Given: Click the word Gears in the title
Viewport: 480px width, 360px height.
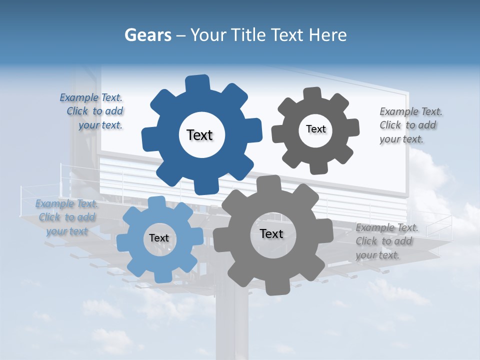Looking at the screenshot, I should (147, 35).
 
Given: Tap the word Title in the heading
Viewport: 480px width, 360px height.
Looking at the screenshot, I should (249, 35).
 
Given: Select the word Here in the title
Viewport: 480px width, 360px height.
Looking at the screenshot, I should (328, 35).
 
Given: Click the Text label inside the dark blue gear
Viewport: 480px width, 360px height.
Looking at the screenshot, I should (199, 135).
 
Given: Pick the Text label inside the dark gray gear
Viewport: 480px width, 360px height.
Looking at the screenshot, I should (315, 129).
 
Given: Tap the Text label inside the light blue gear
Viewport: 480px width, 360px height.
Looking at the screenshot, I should (159, 238).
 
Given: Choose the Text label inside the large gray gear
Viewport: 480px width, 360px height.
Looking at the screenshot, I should (271, 233).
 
